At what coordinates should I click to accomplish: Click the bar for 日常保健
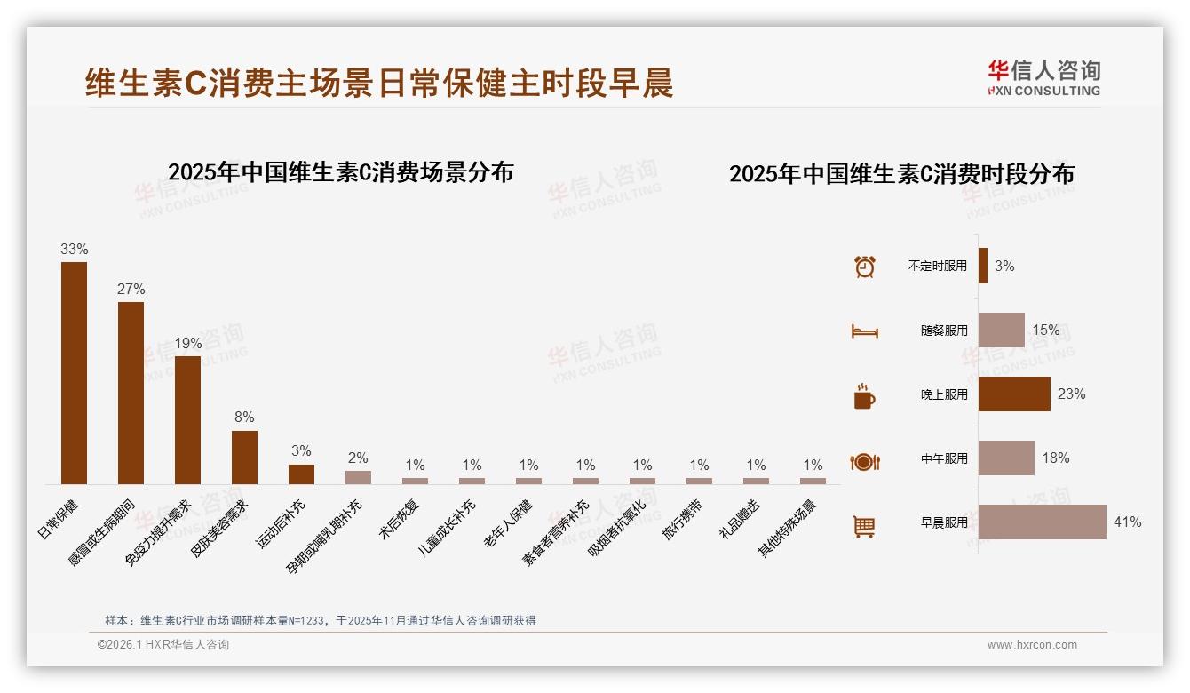[74, 373]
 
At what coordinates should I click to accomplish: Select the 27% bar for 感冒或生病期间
[131, 393]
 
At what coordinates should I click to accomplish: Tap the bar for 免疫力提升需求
[187, 419]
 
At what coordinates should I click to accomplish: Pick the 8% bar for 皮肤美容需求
[244, 458]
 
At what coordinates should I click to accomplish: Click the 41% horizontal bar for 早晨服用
[1042, 522]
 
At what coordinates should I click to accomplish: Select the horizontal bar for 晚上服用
[1014, 394]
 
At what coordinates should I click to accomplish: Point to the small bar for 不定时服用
[983, 266]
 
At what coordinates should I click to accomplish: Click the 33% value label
[74, 250]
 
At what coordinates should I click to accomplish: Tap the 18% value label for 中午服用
[1056, 458]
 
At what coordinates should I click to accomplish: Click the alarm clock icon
[864, 267]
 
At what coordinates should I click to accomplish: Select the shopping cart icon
[864, 527]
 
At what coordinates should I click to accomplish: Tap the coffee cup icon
[864, 396]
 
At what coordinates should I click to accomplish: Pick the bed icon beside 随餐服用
[864, 331]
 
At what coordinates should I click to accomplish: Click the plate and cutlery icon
[864, 462]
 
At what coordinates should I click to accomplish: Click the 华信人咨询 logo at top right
[1043, 77]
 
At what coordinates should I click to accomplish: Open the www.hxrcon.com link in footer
[1032, 645]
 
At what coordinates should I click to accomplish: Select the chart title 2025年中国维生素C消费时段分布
[901, 174]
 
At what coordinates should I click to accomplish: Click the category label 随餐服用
[944, 331]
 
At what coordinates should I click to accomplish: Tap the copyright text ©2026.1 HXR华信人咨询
[163, 645]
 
